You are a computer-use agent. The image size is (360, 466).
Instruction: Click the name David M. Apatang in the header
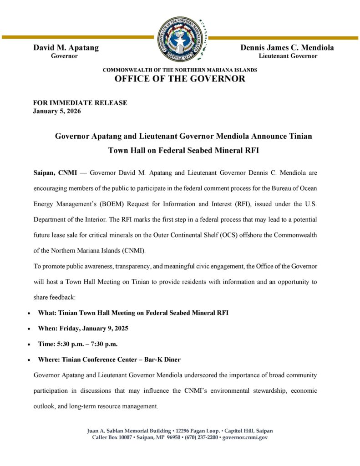point(66,48)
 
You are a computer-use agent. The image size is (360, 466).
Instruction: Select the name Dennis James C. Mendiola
point(287,48)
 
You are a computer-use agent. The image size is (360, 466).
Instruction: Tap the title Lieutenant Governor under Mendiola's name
point(288,56)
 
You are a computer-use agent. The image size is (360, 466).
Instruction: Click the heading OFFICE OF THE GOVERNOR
point(180,79)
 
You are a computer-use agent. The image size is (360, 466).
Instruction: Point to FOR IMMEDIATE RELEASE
point(80,103)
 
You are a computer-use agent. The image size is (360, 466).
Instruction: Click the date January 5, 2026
point(57,111)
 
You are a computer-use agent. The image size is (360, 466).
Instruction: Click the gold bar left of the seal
point(77,37)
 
